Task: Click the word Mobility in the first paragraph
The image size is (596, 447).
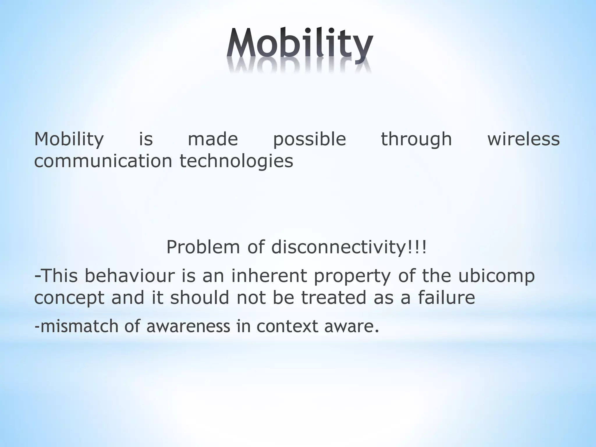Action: coord(69,139)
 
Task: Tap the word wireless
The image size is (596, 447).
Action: coord(524,139)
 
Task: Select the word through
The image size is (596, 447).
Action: coord(416,139)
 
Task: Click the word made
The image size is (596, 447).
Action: coord(213,139)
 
